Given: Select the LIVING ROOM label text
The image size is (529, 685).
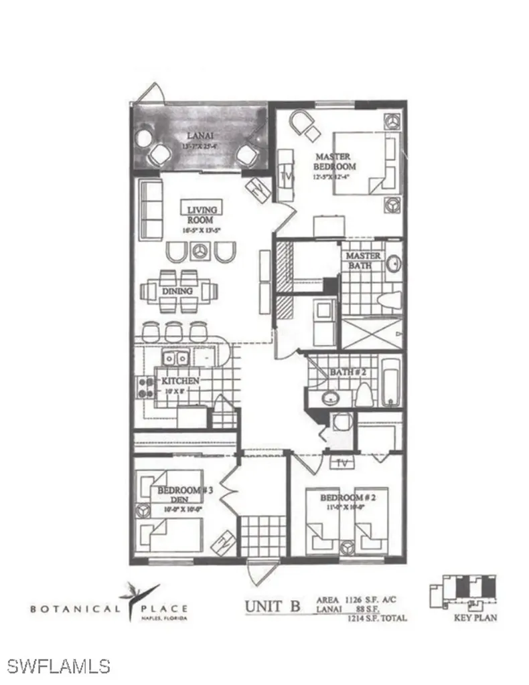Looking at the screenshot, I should tap(201, 215).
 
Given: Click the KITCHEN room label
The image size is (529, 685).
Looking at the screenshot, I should tap(180, 381).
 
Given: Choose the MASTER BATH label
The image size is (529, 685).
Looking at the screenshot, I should tap(363, 260).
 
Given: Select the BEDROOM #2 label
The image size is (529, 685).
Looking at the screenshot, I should tap(346, 498).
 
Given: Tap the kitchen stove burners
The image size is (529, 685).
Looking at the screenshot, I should tap(145, 387).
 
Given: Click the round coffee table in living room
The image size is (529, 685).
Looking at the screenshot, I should tap(198, 252).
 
